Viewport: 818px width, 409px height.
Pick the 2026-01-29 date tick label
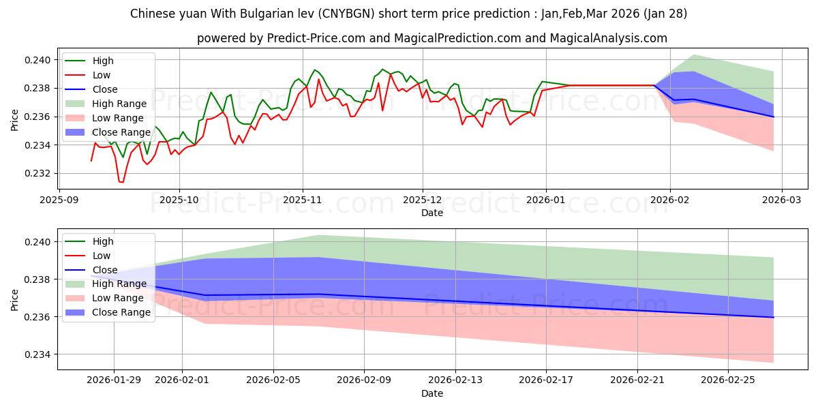(x=114, y=379)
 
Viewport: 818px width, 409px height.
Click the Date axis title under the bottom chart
(x=432, y=393)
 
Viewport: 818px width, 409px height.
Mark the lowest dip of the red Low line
(x=121, y=182)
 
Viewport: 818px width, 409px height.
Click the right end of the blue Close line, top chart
(x=774, y=117)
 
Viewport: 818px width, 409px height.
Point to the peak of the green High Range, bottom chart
(x=319, y=235)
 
